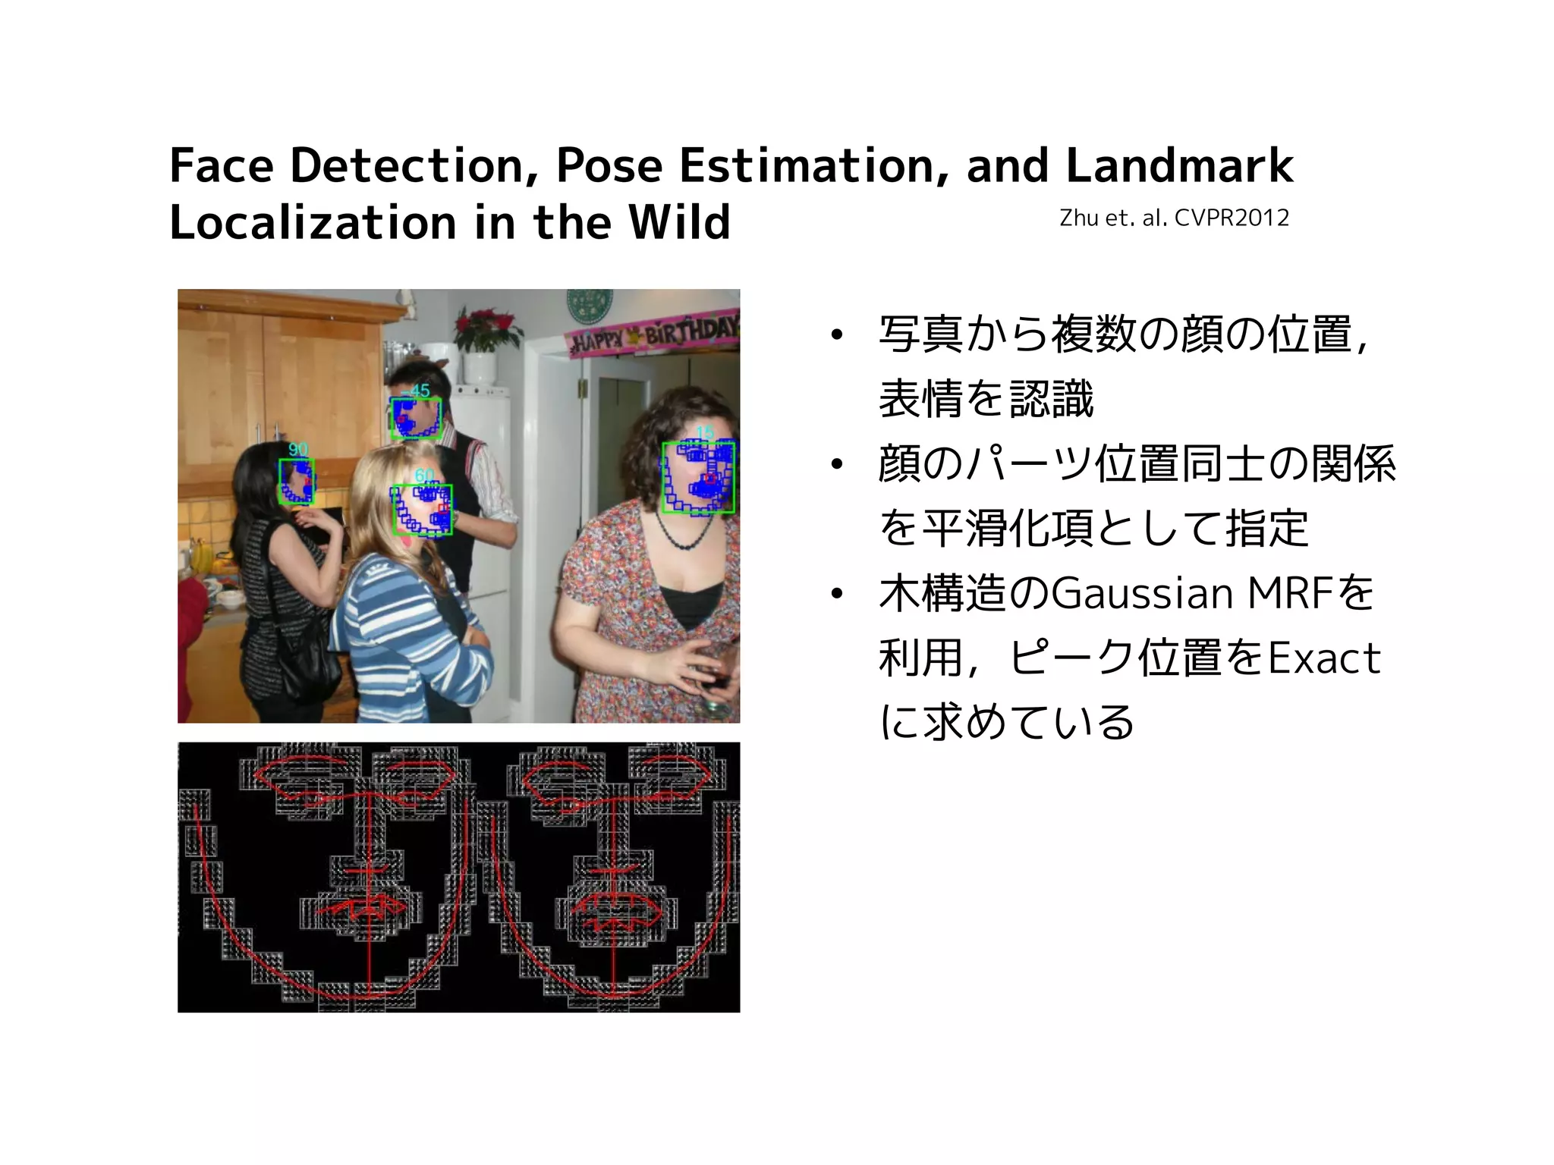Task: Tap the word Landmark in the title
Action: [1179, 165]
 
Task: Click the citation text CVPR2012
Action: [1232, 218]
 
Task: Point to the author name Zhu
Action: [1079, 218]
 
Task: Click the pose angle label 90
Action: [298, 450]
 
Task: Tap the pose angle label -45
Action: [416, 391]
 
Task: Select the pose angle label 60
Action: [424, 476]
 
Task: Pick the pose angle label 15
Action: [705, 432]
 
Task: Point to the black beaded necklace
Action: [687, 531]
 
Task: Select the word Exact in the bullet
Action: [1324, 658]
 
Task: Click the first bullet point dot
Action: [836, 335]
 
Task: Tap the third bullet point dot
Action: [836, 594]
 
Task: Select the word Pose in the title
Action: [609, 165]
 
